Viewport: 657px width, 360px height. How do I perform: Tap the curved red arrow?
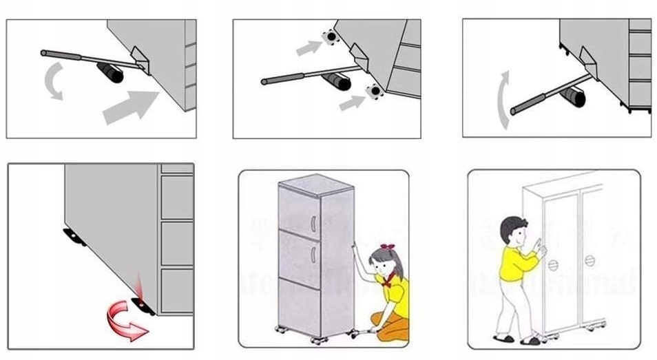(x=126, y=323)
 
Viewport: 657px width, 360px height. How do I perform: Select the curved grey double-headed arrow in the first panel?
(x=53, y=80)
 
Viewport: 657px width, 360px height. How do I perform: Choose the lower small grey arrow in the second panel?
(x=351, y=103)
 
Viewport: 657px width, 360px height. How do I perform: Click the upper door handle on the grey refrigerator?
(x=314, y=225)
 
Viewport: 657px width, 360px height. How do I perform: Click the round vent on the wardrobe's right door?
(x=590, y=261)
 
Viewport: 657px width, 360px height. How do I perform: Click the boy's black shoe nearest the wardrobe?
(x=531, y=339)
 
